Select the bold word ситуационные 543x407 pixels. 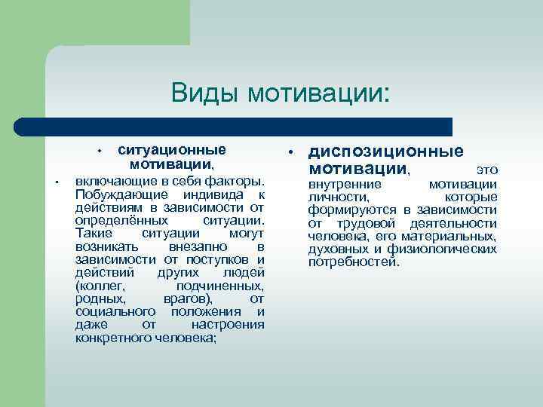[x=172, y=150]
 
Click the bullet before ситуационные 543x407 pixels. [x=100, y=151]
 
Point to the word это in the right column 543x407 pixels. [x=487, y=170]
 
